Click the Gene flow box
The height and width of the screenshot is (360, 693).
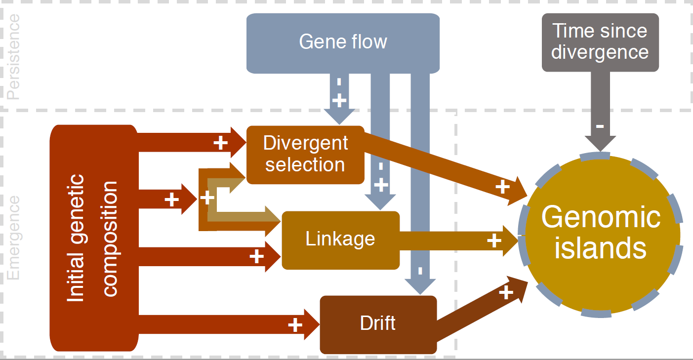pos(343,42)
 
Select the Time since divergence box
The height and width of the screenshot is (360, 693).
pos(600,42)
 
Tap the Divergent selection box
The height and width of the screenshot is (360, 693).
pos(305,155)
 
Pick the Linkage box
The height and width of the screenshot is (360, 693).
pos(340,240)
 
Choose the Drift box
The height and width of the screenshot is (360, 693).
pos(378,324)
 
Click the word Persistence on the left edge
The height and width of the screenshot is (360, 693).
pos(14,57)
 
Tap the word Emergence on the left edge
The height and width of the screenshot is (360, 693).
pos(14,238)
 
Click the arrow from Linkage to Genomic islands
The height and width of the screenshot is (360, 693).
pos(454,240)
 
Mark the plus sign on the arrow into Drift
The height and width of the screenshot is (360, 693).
pos(295,324)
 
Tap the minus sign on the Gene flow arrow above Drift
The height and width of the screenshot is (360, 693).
pos(420,271)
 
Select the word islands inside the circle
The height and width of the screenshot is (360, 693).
pos(600,248)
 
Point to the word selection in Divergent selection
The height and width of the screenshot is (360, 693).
pos(305,164)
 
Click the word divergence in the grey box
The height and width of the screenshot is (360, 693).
pos(600,52)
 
